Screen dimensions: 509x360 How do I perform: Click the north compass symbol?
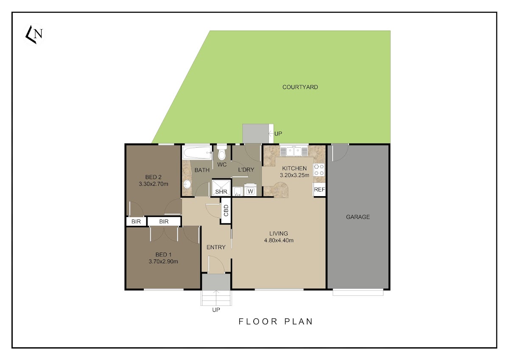coord(34,34)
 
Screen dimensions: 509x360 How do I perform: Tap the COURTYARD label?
coord(300,87)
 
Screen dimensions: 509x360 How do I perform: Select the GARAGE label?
coord(358,217)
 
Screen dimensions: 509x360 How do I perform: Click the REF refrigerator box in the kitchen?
coord(319,189)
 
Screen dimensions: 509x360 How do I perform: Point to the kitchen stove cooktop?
coord(319,170)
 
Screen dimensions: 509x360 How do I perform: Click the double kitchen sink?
coord(294,151)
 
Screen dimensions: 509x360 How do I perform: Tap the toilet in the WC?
coord(222,152)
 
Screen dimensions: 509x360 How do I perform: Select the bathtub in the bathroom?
coord(197,152)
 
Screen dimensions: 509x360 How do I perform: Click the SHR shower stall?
coord(221,188)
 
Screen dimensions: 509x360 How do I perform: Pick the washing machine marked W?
coord(250,190)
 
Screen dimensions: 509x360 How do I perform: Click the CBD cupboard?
coord(226,211)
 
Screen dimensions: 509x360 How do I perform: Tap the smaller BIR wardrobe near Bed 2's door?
coord(136,222)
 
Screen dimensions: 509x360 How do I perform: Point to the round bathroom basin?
coord(187,184)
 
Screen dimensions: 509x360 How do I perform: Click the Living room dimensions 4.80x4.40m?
coord(279,240)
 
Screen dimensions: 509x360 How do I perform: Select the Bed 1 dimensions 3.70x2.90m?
coord(163,262)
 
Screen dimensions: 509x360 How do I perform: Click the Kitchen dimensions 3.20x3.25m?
coord(294,175)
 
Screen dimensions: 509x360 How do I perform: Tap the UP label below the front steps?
coord(216,310)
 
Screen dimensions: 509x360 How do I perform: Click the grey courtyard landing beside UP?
coord(256,134)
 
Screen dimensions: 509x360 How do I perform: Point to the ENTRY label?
coord(216,247)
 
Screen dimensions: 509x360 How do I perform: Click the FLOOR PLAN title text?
coord(276,321)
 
